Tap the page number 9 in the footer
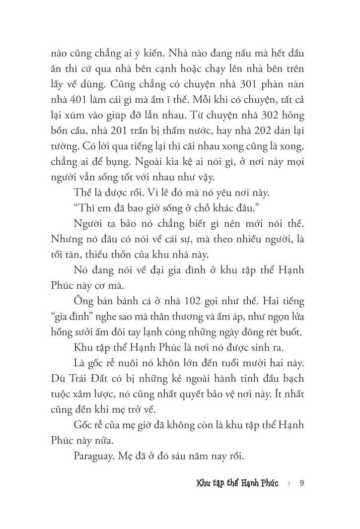[x=302, y=483]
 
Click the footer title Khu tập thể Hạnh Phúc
[x=237, y=483]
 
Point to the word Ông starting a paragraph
[x=84, y=301]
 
